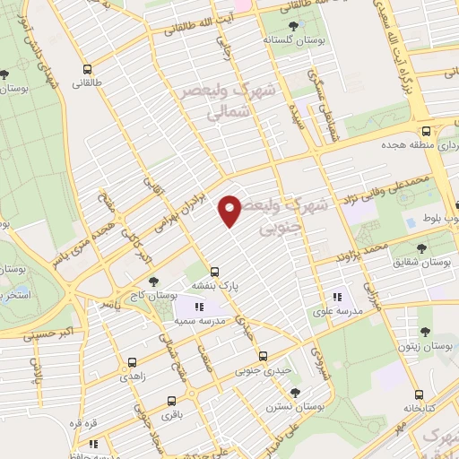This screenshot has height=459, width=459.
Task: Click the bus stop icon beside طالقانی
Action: [x=87, y=69]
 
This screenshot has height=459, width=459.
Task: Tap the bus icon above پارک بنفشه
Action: [x=214, y=271]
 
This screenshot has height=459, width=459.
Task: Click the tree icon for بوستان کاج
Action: [x=153, y=281]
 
